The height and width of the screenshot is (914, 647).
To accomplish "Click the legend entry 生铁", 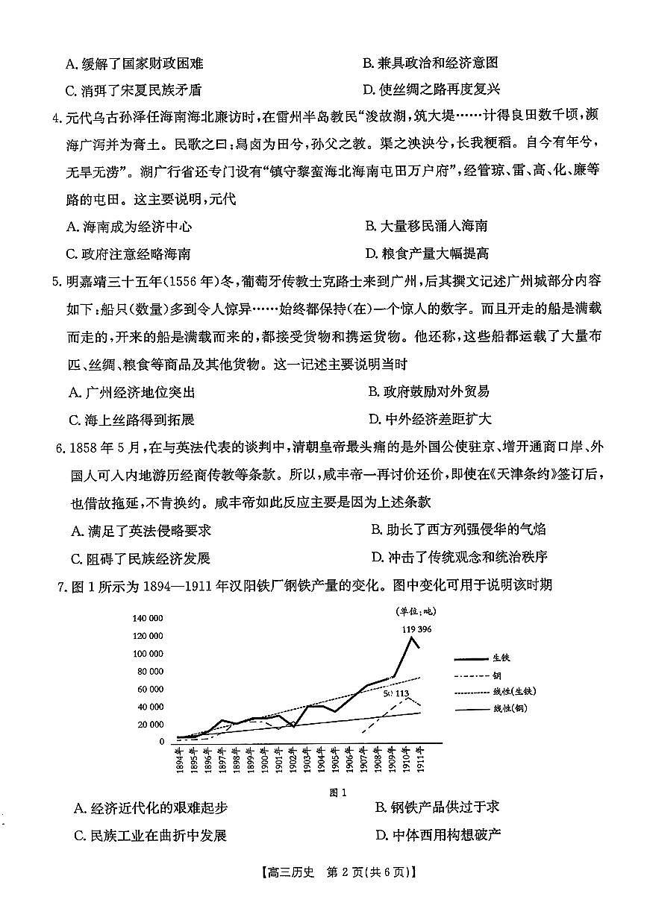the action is point(501,658).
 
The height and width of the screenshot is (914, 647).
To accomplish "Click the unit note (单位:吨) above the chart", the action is point(415,611).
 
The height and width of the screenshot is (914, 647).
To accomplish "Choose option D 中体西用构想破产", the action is point(437,834).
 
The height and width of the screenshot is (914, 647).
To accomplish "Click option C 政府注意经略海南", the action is point(128,253).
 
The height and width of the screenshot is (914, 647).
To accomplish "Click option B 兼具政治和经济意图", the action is point(430,63).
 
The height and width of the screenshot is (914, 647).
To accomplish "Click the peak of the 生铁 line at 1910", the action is point(409,637).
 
